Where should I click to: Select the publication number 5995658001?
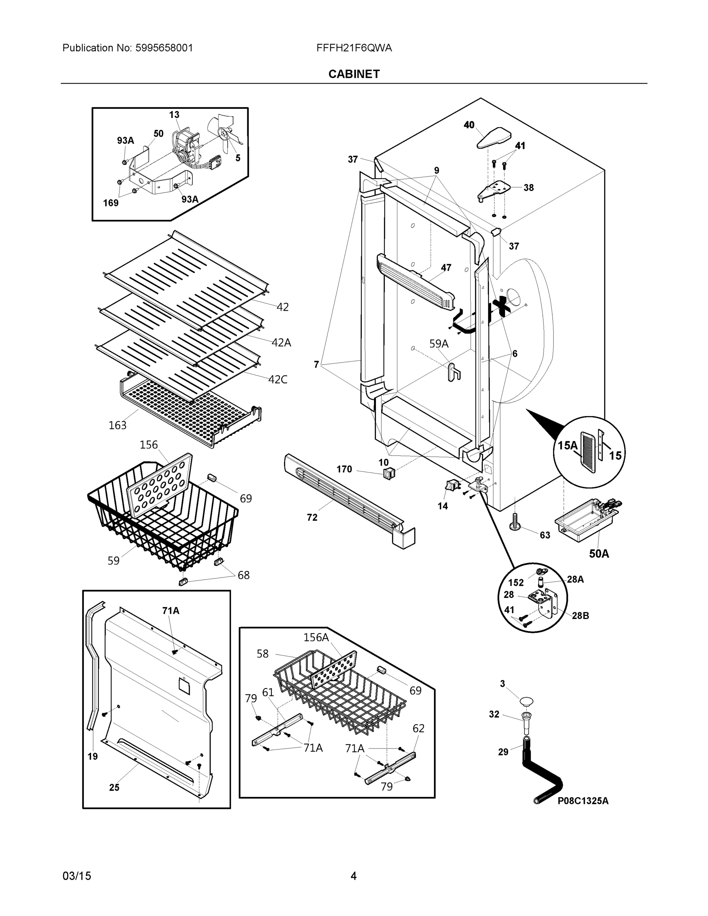point(164,48)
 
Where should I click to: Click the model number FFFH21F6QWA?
point(354,48)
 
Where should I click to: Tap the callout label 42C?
point(277,380)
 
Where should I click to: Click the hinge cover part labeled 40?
point(494,137)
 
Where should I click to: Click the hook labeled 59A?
point(454,372)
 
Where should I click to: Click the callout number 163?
point(118,425)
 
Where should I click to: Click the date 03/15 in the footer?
point(76,876)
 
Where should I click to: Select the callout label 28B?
point(580,616)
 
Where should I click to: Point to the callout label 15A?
point(568,445)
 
